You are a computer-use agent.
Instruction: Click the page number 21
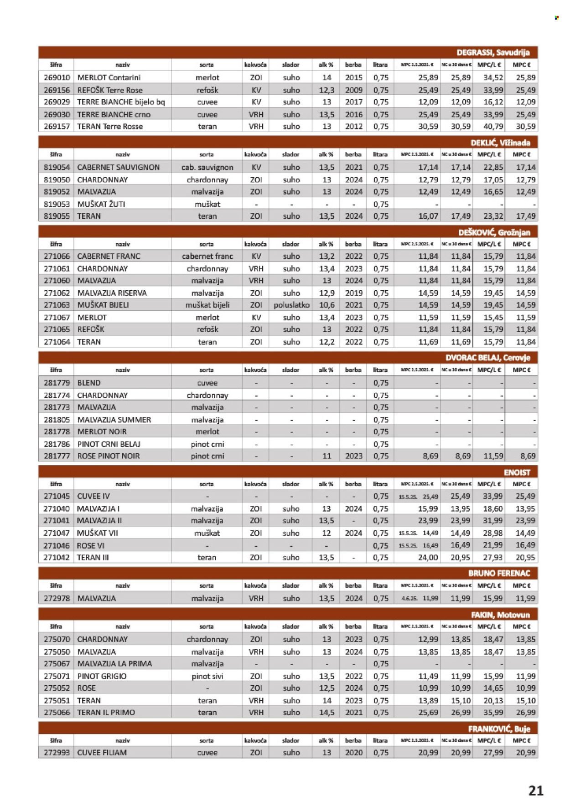[x=536, y=790]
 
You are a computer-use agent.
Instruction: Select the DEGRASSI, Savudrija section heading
[x=493, y=52]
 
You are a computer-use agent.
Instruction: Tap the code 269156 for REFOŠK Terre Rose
[x=57, y=90]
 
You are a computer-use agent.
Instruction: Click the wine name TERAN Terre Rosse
[x=110, y=127]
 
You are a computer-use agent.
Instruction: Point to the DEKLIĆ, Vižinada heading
[x=500, y=143]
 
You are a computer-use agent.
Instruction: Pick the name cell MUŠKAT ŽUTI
[x=101, y=204]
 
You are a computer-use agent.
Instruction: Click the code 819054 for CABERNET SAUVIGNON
[x=57, y=167]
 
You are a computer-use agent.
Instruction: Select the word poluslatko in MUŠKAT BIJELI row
[x=291, y=305]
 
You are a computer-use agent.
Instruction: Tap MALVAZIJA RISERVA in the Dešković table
[x=112, y=293]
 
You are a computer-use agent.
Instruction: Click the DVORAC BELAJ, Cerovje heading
[x=487, y=358]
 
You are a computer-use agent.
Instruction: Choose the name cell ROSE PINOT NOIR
[x=109, y=456]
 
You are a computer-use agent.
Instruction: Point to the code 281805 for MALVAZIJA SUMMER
[x=57, y=420]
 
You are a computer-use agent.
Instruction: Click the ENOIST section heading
[x=517, y=472]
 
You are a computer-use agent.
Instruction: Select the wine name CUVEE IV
[x=93, y=496]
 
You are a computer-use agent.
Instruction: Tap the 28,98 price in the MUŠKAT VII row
[x=492, y=533]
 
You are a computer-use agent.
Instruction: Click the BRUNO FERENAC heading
[x=499, y=573]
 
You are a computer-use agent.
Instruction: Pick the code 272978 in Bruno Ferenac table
[x=57, y=598]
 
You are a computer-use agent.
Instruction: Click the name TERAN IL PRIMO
[x=106, y=712]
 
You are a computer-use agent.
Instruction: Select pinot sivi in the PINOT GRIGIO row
[x=207, y=676]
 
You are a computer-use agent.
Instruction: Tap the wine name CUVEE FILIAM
[x=102, y=753]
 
